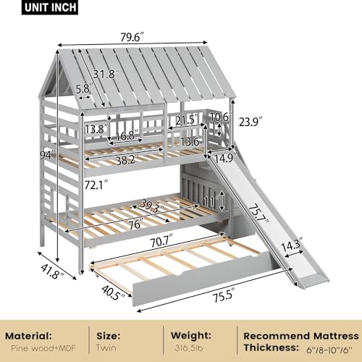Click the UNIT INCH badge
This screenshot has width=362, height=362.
point(50,7)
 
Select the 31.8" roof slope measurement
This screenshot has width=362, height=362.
point(106,74)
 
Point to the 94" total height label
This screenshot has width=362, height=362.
point(47,155)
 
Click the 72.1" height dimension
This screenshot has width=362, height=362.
point(96,185)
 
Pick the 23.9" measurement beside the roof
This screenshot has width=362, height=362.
point(251,122)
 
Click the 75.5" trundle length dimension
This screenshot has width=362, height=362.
point(224,295)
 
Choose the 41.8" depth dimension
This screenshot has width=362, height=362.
point(53,271)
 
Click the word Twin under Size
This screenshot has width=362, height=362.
point(106,348)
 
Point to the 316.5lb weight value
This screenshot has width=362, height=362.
point(189,348)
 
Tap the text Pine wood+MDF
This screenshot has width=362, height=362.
point(43,348)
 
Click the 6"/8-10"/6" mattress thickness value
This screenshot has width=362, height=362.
point(329,349)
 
